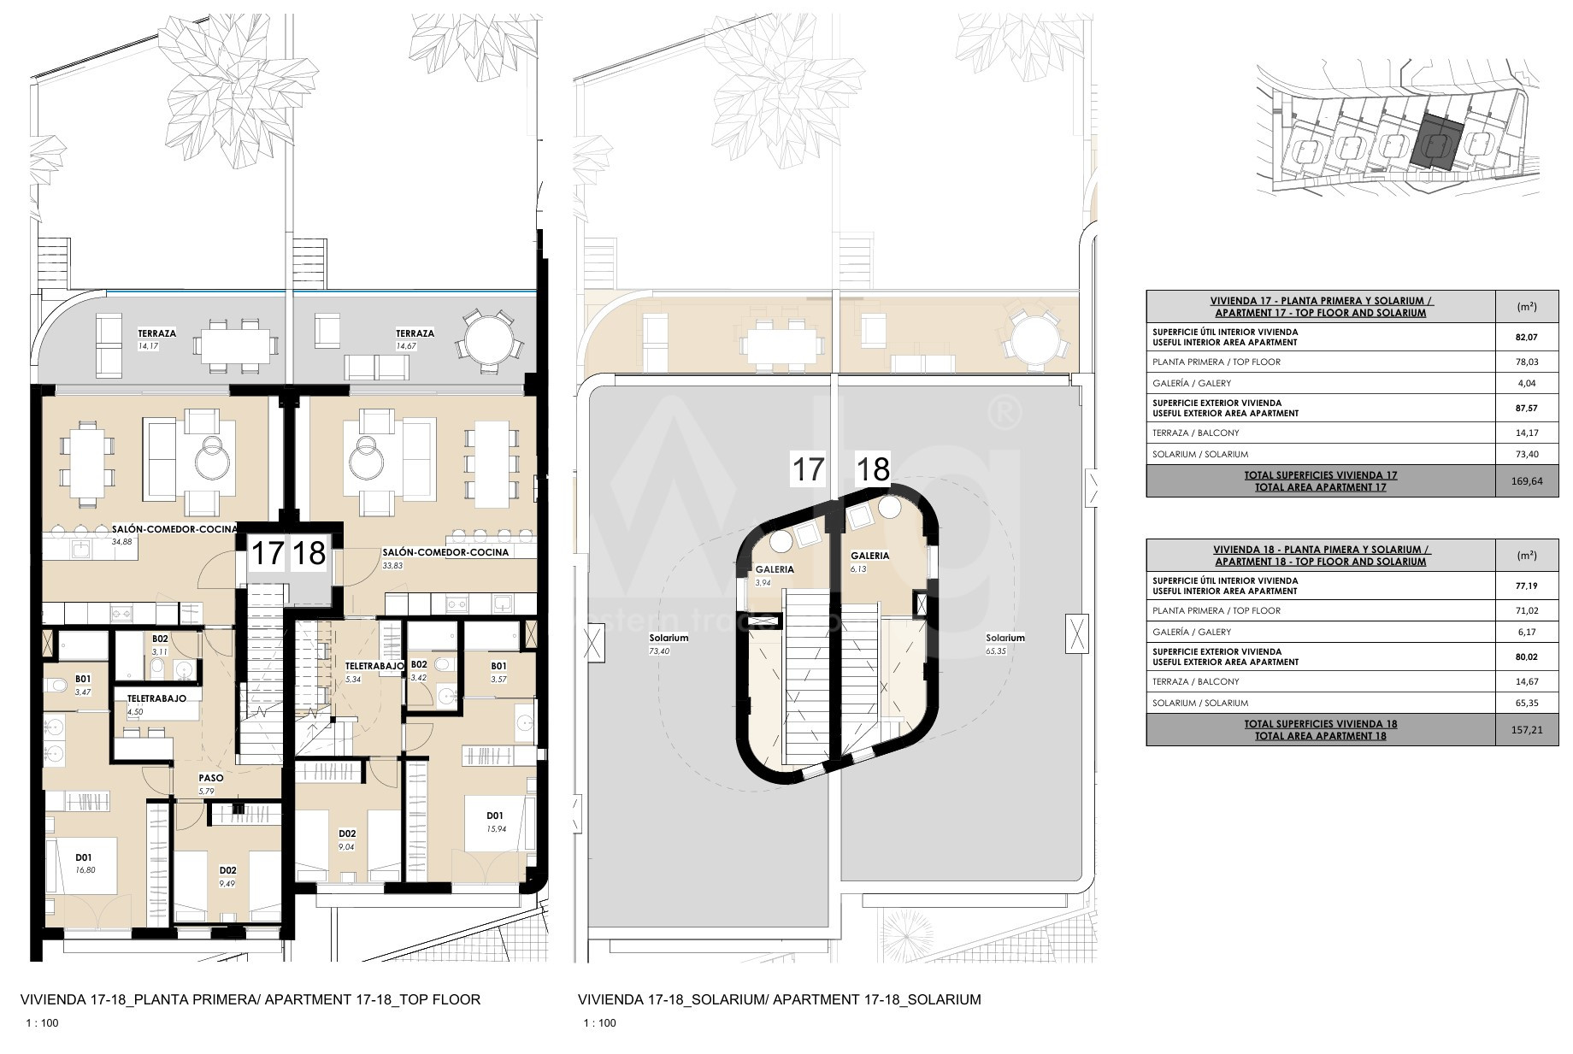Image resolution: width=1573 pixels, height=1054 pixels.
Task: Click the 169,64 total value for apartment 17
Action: pos(1527,481)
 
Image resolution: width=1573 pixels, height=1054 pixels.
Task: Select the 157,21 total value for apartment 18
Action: pos(1527,730)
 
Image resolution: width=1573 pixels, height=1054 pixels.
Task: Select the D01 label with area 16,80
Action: pos(84,857)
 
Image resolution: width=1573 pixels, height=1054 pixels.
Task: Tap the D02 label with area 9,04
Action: pos(347,833)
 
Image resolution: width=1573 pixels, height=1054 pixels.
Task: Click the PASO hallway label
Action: pos(211,778)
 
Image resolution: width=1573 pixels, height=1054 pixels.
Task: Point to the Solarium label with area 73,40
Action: pos(669,638)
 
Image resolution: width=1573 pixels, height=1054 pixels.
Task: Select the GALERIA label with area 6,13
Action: pos(869,556)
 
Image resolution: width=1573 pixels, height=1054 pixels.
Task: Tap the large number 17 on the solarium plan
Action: pos(808,469)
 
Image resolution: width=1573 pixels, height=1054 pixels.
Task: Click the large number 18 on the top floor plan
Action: pos(309,554)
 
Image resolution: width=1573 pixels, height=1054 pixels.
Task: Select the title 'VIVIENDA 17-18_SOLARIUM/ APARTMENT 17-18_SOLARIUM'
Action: pos(780,999)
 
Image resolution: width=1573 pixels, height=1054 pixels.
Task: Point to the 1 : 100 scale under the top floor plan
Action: pos(42,1023)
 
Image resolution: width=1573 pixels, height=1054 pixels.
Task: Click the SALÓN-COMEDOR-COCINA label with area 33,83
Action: pos(445,552)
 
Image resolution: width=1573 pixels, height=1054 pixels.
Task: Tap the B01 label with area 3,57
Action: pos(498,666)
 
